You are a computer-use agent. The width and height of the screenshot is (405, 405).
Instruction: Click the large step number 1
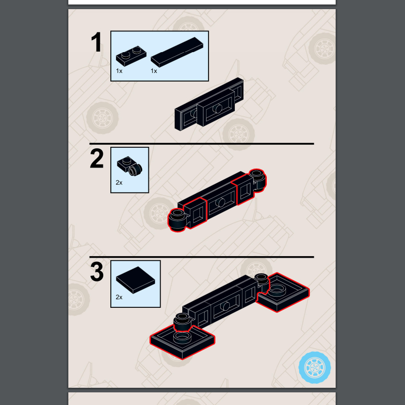coord(97,42)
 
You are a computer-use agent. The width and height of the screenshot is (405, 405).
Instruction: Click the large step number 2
coord(97,158)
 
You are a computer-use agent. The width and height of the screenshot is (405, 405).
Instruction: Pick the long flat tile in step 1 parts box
coord(177,52)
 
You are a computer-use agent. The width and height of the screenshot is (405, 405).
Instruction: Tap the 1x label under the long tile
coord(154,71)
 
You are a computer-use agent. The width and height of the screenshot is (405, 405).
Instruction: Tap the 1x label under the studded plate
coord(119,71)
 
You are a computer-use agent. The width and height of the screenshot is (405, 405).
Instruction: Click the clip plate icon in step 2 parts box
coord(130,166)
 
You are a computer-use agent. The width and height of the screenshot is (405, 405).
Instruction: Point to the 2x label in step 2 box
coord(119,183)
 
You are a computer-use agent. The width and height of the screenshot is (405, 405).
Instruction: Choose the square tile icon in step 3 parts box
coord(135,280)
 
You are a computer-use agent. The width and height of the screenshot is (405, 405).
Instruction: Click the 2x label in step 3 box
coord(119,297)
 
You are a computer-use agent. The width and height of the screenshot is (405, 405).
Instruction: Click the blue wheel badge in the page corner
coord(314,368)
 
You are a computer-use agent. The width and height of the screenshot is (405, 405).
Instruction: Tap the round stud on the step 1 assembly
coord(218,109)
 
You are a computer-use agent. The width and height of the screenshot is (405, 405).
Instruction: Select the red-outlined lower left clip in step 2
coord(187,215)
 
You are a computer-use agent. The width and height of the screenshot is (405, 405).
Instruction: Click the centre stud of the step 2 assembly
coord(220,202)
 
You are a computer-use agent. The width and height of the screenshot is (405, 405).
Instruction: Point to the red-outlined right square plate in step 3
coord(283,293)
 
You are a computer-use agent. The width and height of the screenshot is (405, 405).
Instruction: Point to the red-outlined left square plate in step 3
coord(182,342)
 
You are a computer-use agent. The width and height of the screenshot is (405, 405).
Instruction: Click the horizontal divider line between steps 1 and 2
coord(201,144)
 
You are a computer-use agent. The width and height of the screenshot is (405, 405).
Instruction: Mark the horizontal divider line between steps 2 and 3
coord(201,257)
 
